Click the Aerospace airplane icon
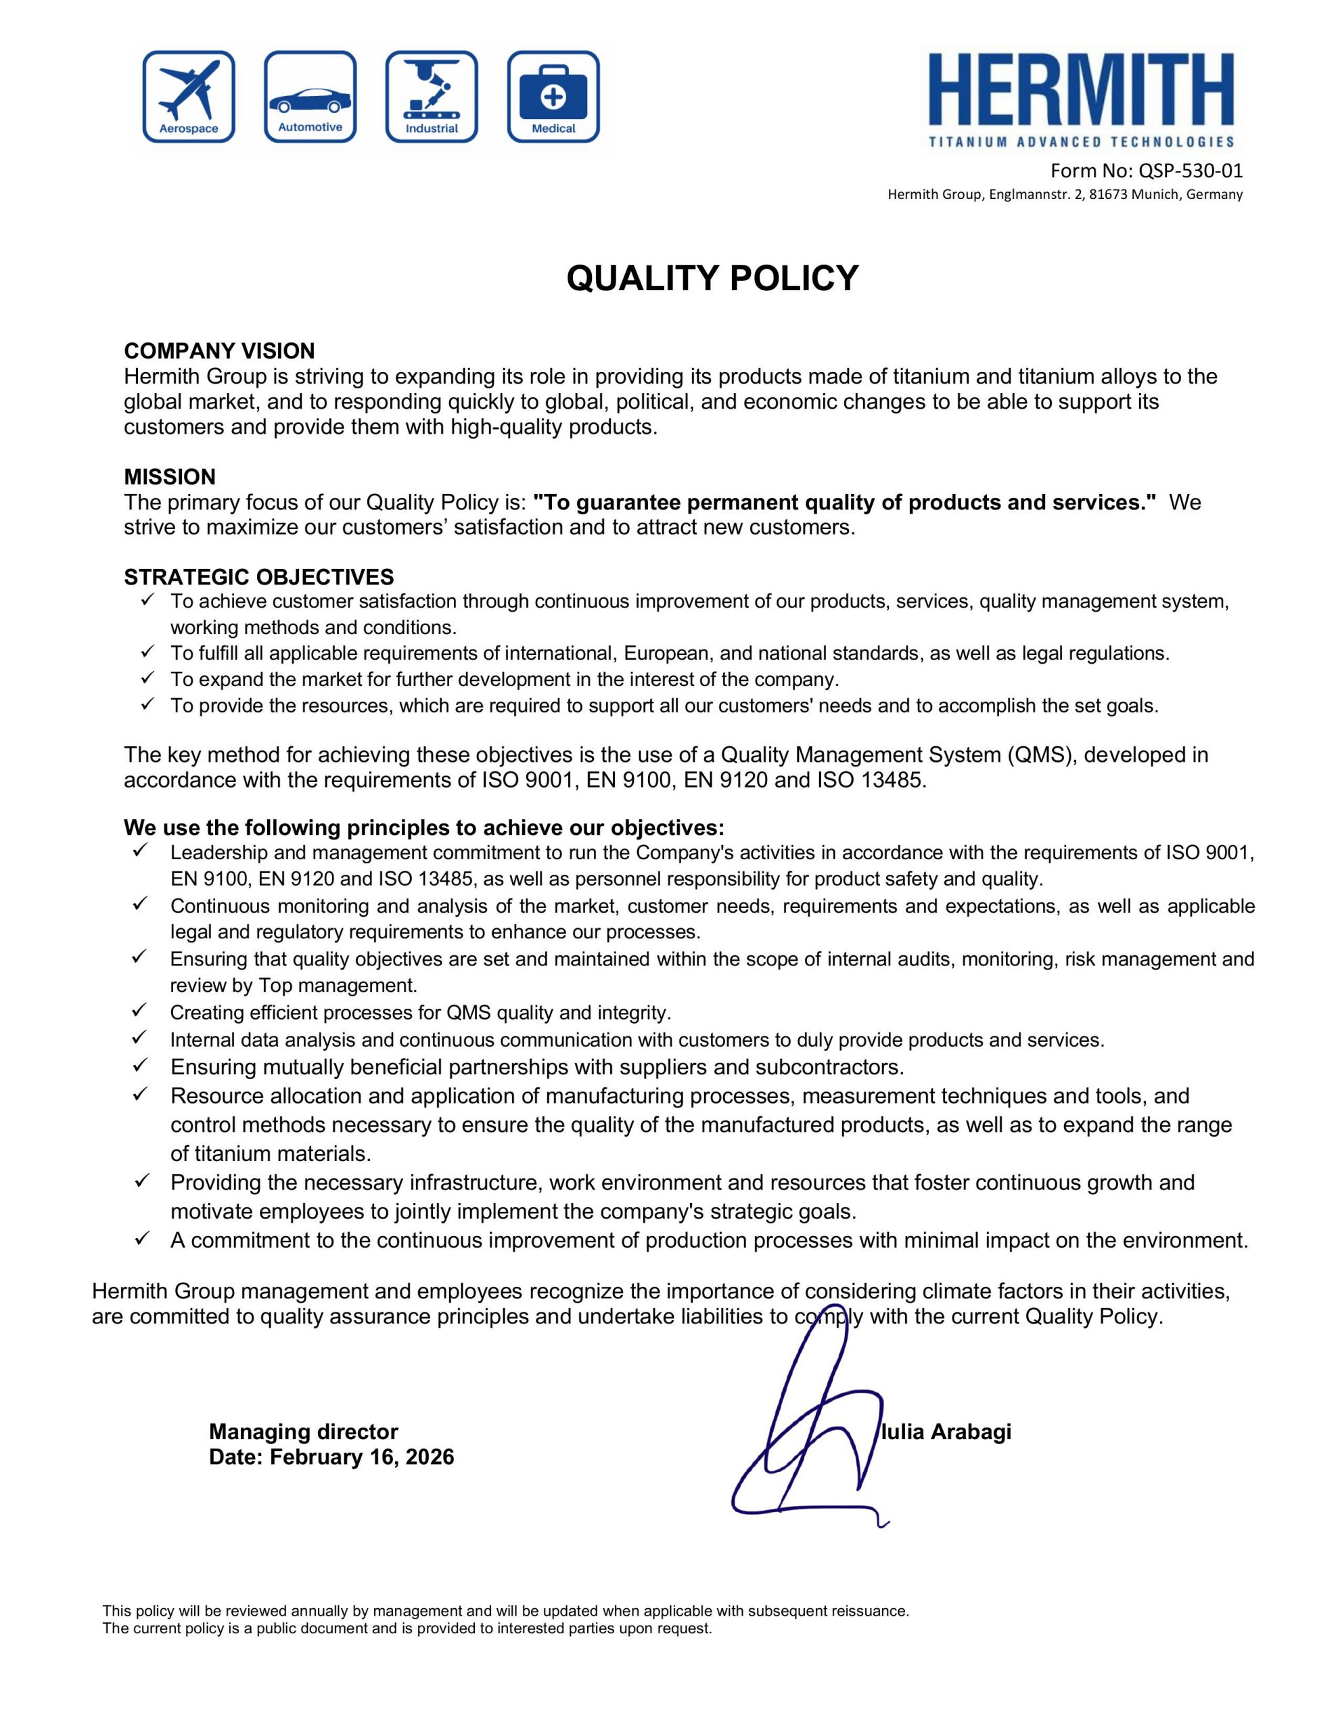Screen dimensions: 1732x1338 [x=189, y=97]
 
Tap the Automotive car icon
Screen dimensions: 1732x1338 [x=310, y=97]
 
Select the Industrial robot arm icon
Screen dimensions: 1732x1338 [x=432, y=97]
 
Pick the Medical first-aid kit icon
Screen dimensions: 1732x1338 [x=553, y=97]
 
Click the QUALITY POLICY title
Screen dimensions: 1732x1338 [x=712, y=278]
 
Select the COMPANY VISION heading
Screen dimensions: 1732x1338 [x=219, y=350]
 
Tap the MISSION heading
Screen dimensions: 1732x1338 [x=170, y=476]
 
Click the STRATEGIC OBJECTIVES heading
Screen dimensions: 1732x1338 [x=258, y=576]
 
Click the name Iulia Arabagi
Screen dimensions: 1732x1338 [x=946, y=1432]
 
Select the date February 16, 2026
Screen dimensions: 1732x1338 [x=362, y=1457]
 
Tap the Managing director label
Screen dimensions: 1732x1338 [x=303, y=1432]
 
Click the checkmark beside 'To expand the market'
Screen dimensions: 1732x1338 [x=146, y=678]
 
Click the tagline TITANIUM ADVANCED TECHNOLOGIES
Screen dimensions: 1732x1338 [x=1081, y=142]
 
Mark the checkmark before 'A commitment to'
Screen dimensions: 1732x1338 [x=141, y=1239]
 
